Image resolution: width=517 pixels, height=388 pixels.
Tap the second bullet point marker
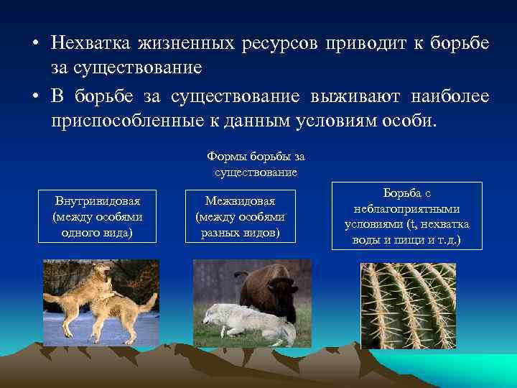point(34,96)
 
